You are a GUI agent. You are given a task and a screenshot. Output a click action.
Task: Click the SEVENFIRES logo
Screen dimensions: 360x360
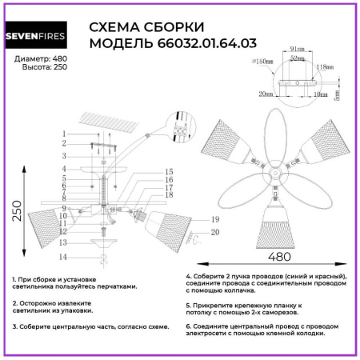pyautogui.click(x=42, y=36)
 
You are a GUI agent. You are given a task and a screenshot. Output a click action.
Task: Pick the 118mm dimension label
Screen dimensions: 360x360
pyautogui.click(x=323, y=67)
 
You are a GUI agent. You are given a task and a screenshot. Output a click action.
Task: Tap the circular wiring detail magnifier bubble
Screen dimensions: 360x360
pyautogui.click(x=179, y=128)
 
